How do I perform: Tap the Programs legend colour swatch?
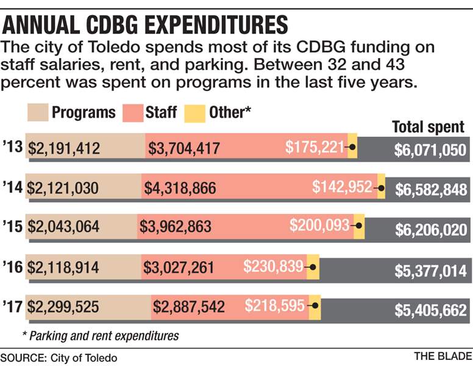(38, 112)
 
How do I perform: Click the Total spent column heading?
(428, 127)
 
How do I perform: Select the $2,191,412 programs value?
(64, 148)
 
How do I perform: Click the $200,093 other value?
(319, 225)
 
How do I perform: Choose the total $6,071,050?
(430, 149)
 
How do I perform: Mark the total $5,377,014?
(433, 269)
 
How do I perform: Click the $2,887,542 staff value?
(189, 306)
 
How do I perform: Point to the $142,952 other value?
(342, 187)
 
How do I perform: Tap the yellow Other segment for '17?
(315, 306)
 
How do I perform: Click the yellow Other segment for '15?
(359, 226)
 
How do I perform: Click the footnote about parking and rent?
(100, 335)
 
